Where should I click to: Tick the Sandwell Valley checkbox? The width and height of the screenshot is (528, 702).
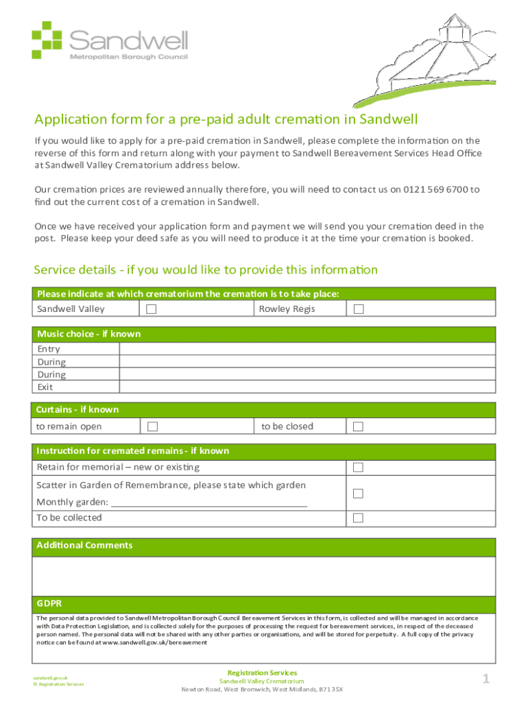[x=152, y=309]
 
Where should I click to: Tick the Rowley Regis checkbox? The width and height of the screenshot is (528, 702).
[x=358, y=309]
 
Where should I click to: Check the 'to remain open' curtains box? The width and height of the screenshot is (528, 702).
[x=152, y=426]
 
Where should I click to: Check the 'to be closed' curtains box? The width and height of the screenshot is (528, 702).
[x=357, y=426]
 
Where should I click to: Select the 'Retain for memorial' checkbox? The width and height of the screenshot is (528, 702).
[x=357, y=468]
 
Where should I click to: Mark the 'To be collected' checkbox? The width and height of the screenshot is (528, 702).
[x=357, y=518]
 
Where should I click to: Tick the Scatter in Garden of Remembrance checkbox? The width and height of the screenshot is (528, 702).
[x=357, y=494]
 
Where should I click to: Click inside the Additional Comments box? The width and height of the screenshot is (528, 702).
[x=264, y=576]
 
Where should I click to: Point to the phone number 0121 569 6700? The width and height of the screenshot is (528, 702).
[x=435, y=190]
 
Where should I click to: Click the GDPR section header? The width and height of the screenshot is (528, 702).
[x=49, y=604]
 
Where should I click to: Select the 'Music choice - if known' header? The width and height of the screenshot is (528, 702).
[x=88, y=334]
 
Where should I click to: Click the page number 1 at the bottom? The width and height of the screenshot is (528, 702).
[x=485, y=679]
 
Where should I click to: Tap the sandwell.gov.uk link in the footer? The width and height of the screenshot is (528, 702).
[x=52, y=677]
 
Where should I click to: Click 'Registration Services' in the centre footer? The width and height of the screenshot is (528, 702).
[x=262, y=673]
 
